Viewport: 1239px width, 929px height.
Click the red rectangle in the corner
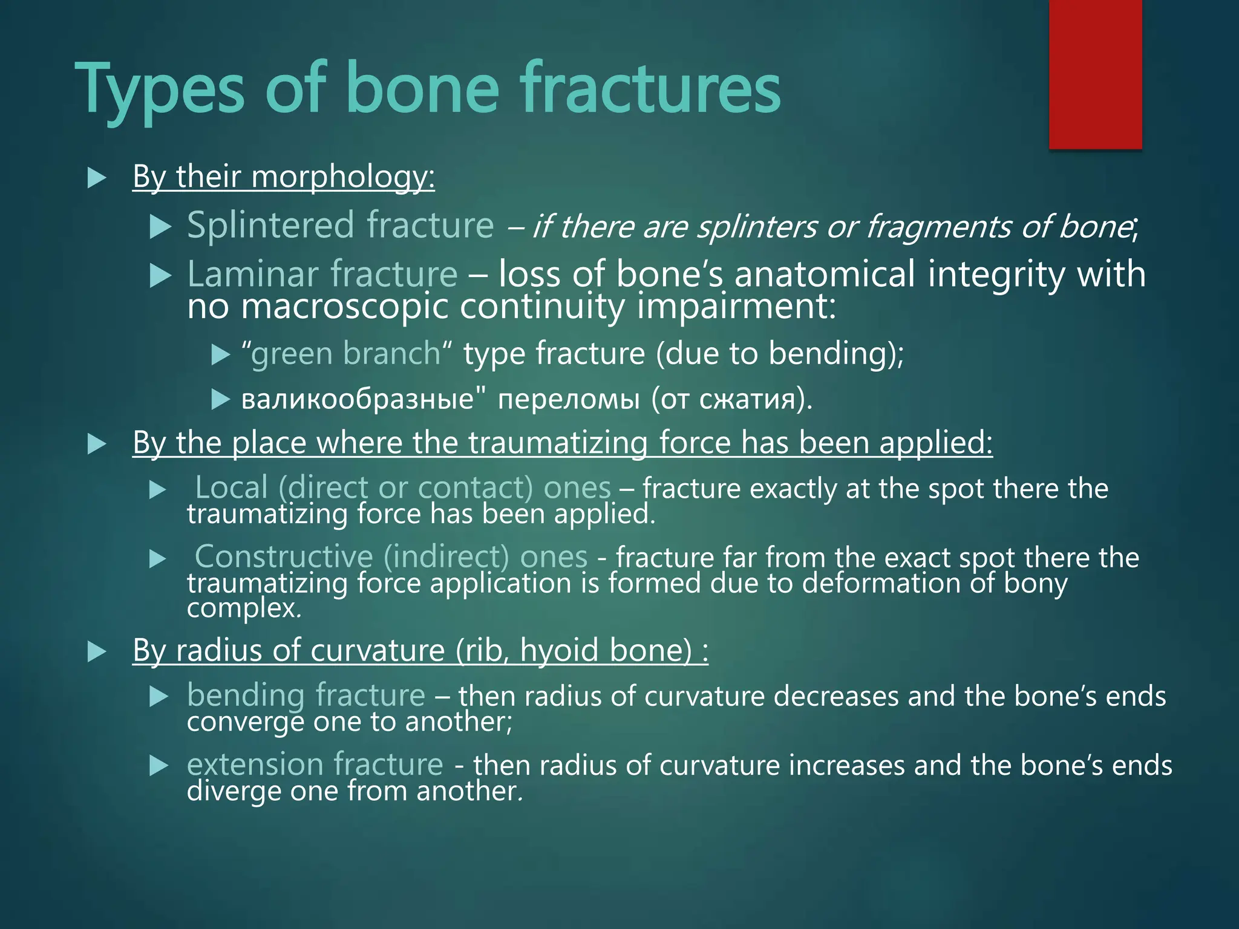[x=1095, y=74]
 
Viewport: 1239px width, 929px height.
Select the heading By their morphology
[x=283, y=177]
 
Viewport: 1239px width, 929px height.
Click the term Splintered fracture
[x=340, y=226]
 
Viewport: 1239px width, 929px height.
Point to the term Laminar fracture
[x=322, y=274]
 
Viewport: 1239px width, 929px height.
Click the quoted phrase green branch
[x=346, y=353]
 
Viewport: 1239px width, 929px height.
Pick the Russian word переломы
[x=568, y=399]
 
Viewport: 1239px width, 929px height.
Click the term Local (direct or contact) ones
[x=402, y=487]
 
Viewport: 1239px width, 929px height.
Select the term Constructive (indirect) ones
[x=390, y=556]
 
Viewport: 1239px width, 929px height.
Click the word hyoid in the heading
[x=560, y=650]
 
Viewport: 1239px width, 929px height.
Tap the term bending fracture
[x=306, y=695]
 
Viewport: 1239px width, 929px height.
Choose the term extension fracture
[x=315, y=764]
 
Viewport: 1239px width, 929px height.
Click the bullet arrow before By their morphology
[x=97, y=178]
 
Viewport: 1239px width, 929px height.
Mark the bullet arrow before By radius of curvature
[x=97, y=651]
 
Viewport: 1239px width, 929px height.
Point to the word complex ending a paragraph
[x=241, y=608]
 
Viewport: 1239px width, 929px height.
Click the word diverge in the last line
[x=234, y=790]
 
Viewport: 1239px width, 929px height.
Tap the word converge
[x=244, y=722]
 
